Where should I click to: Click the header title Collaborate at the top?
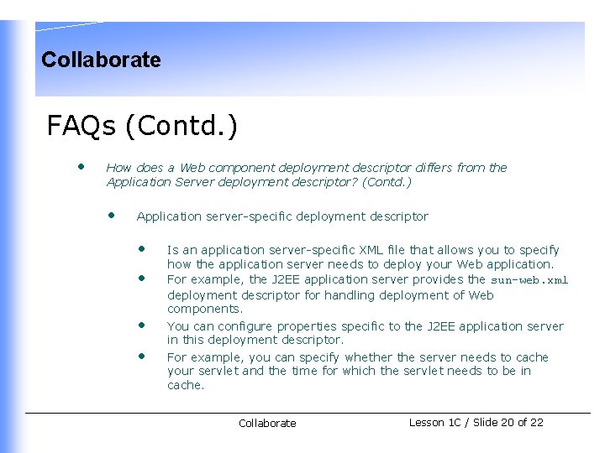(x=101, y=60)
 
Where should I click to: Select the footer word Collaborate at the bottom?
(x=267, y=424)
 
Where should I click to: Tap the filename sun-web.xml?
(x=529, y=280)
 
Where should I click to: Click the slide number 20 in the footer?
(x=507, y=422)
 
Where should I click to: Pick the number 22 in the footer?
(x=536, y=422)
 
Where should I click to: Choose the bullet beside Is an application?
(x=142, y=249)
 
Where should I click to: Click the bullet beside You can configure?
(x=142, y=325)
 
